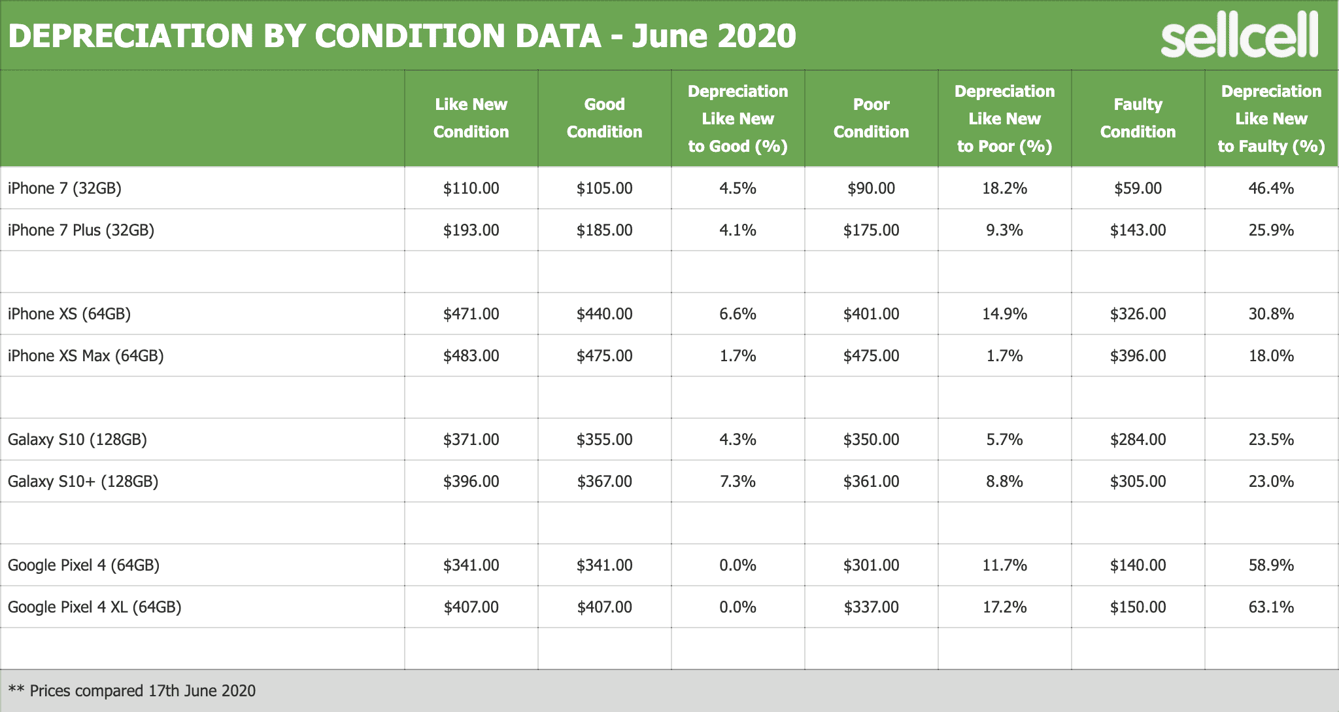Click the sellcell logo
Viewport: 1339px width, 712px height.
(x=1239, y=37)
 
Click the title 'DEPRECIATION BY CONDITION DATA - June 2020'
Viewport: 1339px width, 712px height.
(x=401, y=35)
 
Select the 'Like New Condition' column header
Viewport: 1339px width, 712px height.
(x=471, y=118)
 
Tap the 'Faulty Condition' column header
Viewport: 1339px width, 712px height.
(x=1138, y=118)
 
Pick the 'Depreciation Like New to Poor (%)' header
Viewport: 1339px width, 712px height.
(x=1004, y=118)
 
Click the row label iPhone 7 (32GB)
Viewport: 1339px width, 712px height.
(x=65, y=188)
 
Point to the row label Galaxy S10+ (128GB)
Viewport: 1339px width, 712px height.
(x=83, y=482)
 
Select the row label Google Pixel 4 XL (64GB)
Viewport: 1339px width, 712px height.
(x=95, y=607)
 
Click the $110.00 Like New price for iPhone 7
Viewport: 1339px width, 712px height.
(x=471, y=188)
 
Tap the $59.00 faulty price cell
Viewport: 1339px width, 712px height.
(x=1138, y=188)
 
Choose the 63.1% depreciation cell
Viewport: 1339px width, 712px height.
(x=1271, y=607)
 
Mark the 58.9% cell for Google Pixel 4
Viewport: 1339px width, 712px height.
(x=1271, y=565)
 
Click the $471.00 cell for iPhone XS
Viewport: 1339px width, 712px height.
(x=471, y=314)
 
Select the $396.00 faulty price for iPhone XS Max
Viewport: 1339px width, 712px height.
(x=1138, y=356)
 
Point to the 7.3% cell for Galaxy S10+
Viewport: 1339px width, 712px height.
(x=737, y=482)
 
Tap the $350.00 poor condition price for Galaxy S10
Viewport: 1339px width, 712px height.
(x=871, y=440)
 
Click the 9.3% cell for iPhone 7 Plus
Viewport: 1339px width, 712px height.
(x=1004, y=230)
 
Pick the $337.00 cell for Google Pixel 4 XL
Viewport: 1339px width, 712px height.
(x=871, y=607)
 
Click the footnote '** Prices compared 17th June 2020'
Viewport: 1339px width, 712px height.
(x=132, y=691)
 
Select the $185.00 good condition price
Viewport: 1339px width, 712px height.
(x=604, y=230)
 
